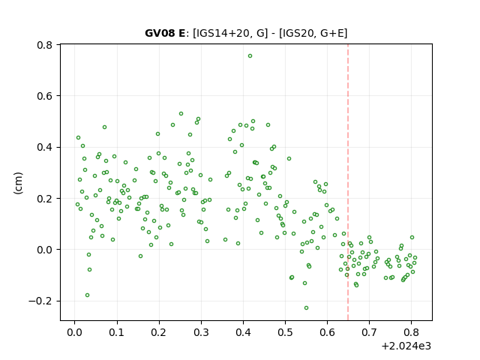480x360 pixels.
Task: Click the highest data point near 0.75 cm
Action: (x=250, y=56)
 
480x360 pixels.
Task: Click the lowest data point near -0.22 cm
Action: (x=307, y=308)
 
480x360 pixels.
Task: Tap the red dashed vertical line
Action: (x=348, y=182)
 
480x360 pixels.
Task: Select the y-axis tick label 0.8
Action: (x=45, y=45)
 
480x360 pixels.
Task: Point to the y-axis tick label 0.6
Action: (x=45, y=96)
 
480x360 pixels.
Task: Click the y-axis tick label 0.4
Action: (x=45, y=147)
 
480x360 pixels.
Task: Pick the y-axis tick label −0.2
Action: (x=40, y=301)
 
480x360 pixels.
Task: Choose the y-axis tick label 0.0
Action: (x=45, y=250)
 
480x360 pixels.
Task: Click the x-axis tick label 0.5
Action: (x=285, y=332)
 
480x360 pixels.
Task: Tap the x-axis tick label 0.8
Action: (x=412, y=332)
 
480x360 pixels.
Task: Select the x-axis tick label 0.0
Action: (x=75, y=332)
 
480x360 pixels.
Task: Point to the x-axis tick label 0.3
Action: (x=201, y=332)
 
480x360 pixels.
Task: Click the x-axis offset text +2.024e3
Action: (x=406, y=346)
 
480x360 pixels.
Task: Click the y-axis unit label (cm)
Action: (x=18, y=183)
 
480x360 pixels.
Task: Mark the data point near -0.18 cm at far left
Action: (x=88, y=295)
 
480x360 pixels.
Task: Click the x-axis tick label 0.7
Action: (x=370, y=332)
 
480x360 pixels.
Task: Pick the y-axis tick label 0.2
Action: (x=45, y=199)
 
